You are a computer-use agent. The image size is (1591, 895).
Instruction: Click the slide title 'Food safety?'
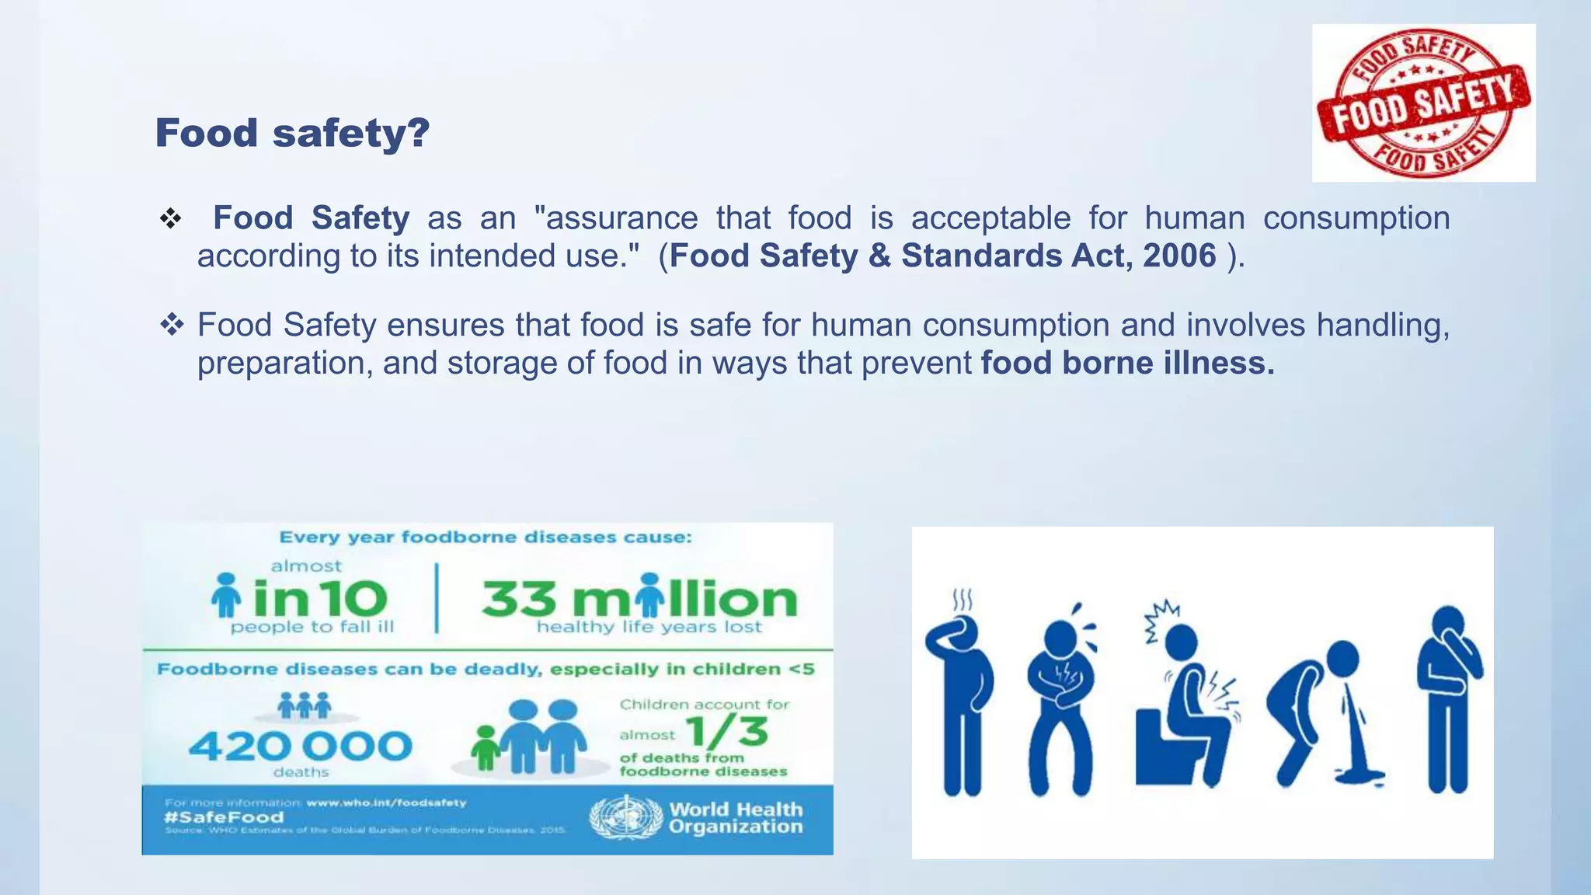click(x=292, y=133)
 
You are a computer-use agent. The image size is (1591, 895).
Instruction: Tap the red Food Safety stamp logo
click(x=1423, y=103)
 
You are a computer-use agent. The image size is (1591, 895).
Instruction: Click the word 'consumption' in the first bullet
click(x=1356, y=218)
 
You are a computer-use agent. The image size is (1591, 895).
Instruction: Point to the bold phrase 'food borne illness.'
click(x=1127, y=363)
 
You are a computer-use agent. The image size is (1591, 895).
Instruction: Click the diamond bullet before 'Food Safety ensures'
click(x=171, y=325)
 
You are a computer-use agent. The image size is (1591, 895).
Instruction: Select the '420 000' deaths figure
click(x=300, y=747)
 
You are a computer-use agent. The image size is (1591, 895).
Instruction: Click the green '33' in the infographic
click(x=519, y=600)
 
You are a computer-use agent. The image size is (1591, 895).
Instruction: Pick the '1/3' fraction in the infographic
click(x=727, y=732)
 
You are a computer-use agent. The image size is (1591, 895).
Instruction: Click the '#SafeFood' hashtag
click(x=224, y=817)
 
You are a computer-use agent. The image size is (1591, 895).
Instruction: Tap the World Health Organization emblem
click(x=625, y=818)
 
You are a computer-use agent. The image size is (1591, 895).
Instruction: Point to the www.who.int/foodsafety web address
click(x=386, y=803)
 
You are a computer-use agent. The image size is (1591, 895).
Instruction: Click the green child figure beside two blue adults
click(x=486, y=747)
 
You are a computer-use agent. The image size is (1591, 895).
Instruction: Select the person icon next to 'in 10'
click(x=226, y=597)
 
